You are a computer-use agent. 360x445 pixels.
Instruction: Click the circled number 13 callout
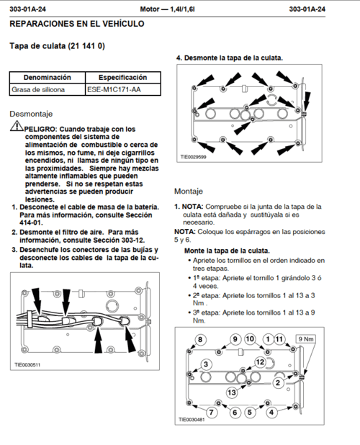click(232, 392)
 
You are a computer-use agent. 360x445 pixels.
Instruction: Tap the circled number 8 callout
click(200, 339)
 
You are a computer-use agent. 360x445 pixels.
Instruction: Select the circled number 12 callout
click(260, 362)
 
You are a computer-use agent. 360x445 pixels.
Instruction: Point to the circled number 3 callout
click(206, 364)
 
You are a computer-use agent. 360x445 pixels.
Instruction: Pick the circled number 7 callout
click(211, 412)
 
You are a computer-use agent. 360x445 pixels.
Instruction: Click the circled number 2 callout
click(278, 382)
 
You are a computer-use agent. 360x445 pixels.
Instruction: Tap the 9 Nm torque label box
click(305, 339)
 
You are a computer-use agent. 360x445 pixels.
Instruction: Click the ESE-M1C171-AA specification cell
click(123, 89)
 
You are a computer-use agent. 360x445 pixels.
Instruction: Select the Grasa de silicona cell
click(48, 89)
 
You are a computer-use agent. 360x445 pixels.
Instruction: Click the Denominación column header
click(48, 78)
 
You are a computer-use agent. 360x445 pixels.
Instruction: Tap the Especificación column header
click(123, 78)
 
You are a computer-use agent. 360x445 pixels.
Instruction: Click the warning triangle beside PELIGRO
click(17, 126)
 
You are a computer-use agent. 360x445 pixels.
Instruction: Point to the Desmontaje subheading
click(31, 114)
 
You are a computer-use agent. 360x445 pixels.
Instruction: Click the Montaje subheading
click(189, 191)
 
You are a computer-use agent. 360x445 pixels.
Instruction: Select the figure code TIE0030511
click(27, 364)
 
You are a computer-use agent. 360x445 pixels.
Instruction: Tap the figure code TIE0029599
click(194, 157)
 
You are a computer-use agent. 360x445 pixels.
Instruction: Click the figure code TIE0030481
click(192, 420)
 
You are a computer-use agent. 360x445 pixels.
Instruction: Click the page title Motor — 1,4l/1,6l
click(167, 9)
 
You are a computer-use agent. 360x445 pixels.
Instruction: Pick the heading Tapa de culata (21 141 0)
click(58, 45)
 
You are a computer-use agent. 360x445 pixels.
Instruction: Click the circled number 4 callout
click(271, 412)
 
